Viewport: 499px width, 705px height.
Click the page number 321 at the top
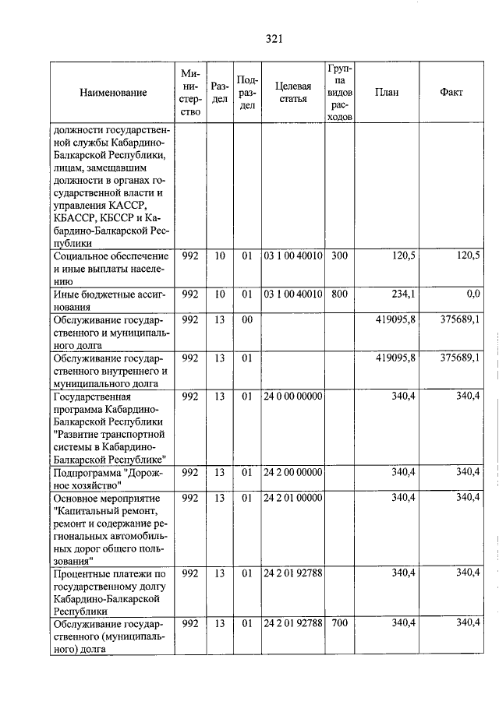(273, 39)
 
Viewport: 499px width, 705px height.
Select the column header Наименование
(113, 93)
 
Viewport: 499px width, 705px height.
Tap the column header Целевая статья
(292, 93)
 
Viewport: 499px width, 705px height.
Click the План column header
(386, 93)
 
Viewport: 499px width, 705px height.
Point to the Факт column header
(451, 93)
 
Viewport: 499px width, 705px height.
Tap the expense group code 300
(338, 255)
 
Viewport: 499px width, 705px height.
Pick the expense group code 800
(338, 294)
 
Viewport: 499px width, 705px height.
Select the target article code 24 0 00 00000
(292, 397)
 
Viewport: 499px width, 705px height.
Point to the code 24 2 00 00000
(292, 472)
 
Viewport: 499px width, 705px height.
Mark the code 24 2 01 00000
(292, 497)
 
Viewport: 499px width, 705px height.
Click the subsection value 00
(247, 319)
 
